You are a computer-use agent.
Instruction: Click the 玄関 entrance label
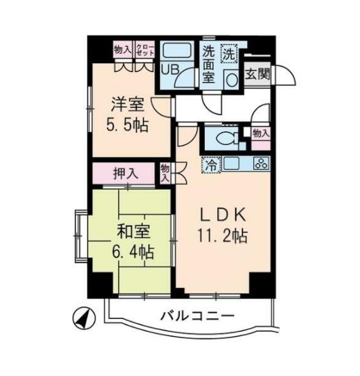[258, 74]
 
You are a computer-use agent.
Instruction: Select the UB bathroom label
[168, 69]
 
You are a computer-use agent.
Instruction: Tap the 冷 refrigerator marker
[211, 166]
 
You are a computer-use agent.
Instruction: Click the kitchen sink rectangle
[232, 164]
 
